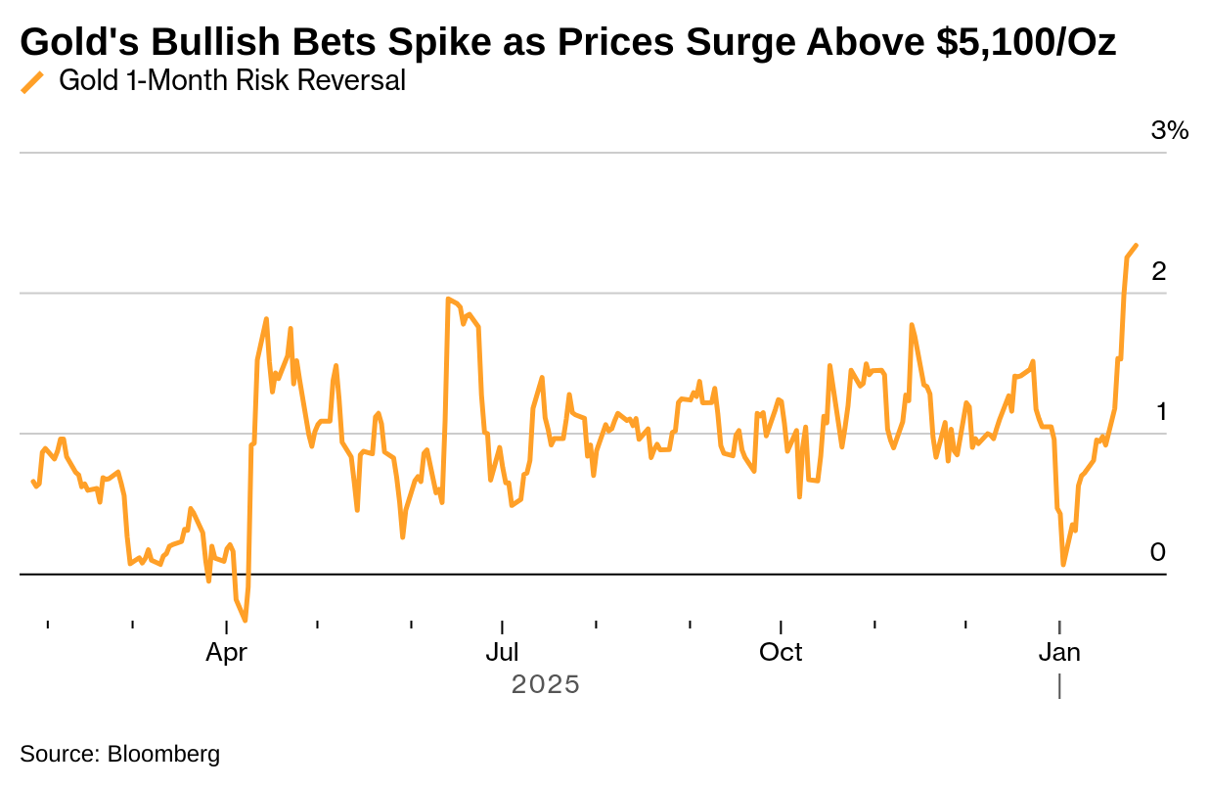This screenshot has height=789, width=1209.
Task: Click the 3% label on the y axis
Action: coord(1169,130)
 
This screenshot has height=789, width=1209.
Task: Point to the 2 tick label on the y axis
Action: coord(1159,271)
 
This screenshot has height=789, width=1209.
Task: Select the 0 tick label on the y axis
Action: coord(1158,552)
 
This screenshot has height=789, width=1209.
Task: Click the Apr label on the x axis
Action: coord(226,652)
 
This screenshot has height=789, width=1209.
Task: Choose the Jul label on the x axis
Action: coord(502,652)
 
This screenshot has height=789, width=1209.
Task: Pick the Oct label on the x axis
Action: coord(781,652)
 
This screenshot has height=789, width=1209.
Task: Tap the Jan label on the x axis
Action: coord(1059,652)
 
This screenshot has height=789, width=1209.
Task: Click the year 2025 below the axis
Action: coord(546,684)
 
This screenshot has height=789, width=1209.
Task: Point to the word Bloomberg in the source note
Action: coord(163,754)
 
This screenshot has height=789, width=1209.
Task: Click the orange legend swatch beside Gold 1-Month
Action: coord(33,82)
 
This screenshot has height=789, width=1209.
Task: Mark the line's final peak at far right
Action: coord(1136,245)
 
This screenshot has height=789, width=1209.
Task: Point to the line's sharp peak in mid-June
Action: coord(447,299)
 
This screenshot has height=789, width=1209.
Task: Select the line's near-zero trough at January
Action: coord(1063,565)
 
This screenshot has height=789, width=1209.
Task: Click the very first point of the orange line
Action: coord(32,481)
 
